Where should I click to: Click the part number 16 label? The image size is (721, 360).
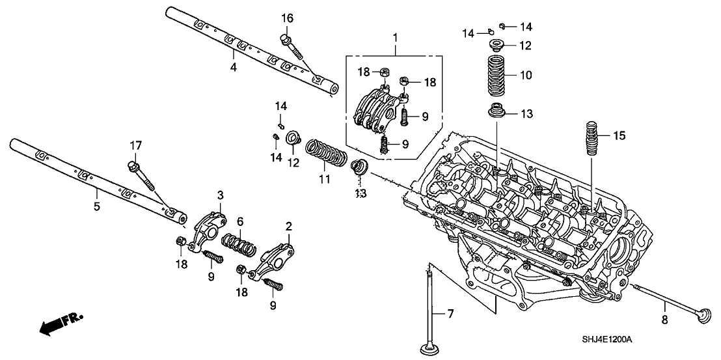coord(288,18)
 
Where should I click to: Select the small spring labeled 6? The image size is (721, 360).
coord(238,245)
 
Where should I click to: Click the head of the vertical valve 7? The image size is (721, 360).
coord(428,348)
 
